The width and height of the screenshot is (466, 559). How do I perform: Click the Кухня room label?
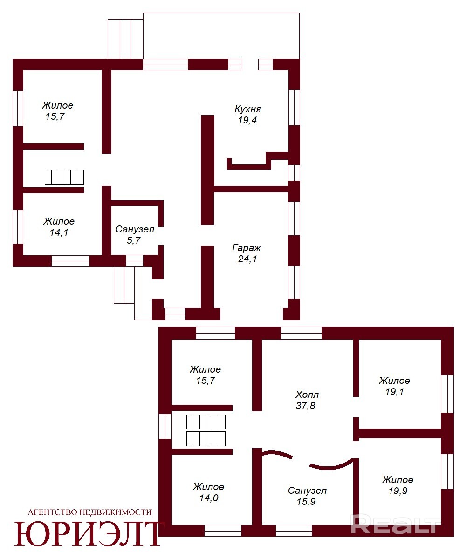248,109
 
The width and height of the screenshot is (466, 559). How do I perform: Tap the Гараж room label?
247,248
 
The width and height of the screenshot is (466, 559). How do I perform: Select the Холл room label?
307,395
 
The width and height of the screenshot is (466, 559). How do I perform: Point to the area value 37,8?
305,406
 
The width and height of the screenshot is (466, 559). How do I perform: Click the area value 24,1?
247,259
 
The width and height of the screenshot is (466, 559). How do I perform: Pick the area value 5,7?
133,240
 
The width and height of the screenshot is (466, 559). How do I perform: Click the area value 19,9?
397,491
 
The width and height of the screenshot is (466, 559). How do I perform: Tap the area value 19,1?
395,392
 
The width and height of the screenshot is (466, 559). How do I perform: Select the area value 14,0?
209,498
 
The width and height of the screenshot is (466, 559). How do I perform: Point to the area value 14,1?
59,232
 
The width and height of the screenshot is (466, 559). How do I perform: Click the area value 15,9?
306,501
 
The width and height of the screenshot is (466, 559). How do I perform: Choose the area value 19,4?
247,120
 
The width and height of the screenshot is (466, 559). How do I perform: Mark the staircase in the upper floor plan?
64,177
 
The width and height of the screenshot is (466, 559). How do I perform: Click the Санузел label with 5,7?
135,229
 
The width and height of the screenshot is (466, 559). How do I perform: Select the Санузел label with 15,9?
307,491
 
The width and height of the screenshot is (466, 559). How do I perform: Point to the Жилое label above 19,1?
394,381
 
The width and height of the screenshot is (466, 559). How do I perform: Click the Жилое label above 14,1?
59,221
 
